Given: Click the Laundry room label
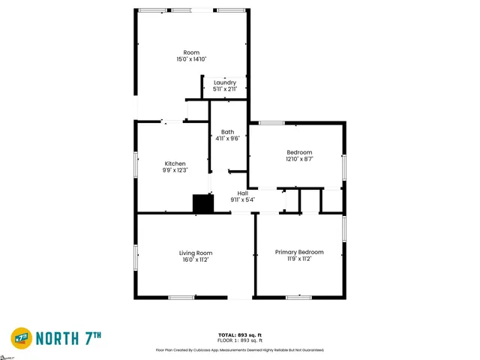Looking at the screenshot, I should point(225,82).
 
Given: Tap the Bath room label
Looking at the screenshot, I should point(227,132).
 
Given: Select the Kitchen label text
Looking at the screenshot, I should point(175,163).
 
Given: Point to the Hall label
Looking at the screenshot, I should point(242,193).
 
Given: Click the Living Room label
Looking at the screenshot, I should point(195,253).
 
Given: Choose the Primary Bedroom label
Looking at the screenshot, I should point(299,252).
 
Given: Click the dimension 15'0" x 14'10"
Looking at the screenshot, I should point(191,59).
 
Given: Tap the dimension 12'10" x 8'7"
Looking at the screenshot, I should point(299,159).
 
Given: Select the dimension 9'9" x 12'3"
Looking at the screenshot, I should point(175,170).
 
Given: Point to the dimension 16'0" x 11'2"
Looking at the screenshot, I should point(195,259).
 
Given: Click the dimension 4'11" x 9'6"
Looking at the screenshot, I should point(227,139).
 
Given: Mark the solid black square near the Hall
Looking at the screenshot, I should point(202,205).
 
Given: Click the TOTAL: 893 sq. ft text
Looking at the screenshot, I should point(239,334).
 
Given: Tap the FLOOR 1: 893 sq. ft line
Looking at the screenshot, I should point(239,340).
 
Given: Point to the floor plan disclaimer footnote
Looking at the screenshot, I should point(239,349).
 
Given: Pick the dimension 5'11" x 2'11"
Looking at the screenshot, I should point(225,89).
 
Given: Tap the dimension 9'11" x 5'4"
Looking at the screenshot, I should point(242,199).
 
